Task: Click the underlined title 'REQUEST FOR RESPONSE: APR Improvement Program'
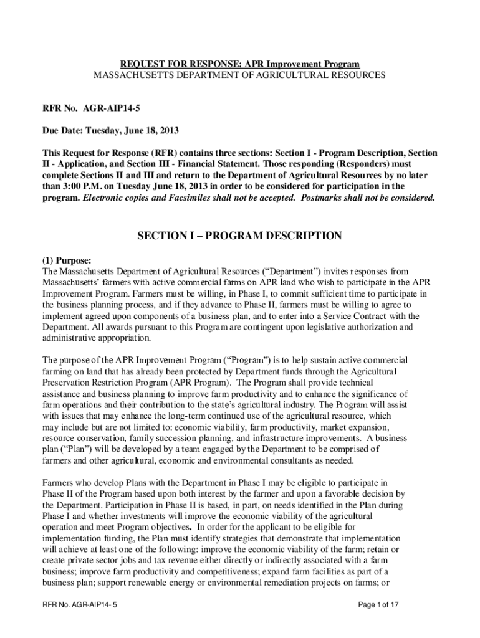point(240,65)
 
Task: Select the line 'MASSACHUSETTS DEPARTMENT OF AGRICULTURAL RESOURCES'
point(240,75)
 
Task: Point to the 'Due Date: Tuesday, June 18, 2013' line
point(111,131)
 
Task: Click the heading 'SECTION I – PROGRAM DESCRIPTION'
point(239,236)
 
